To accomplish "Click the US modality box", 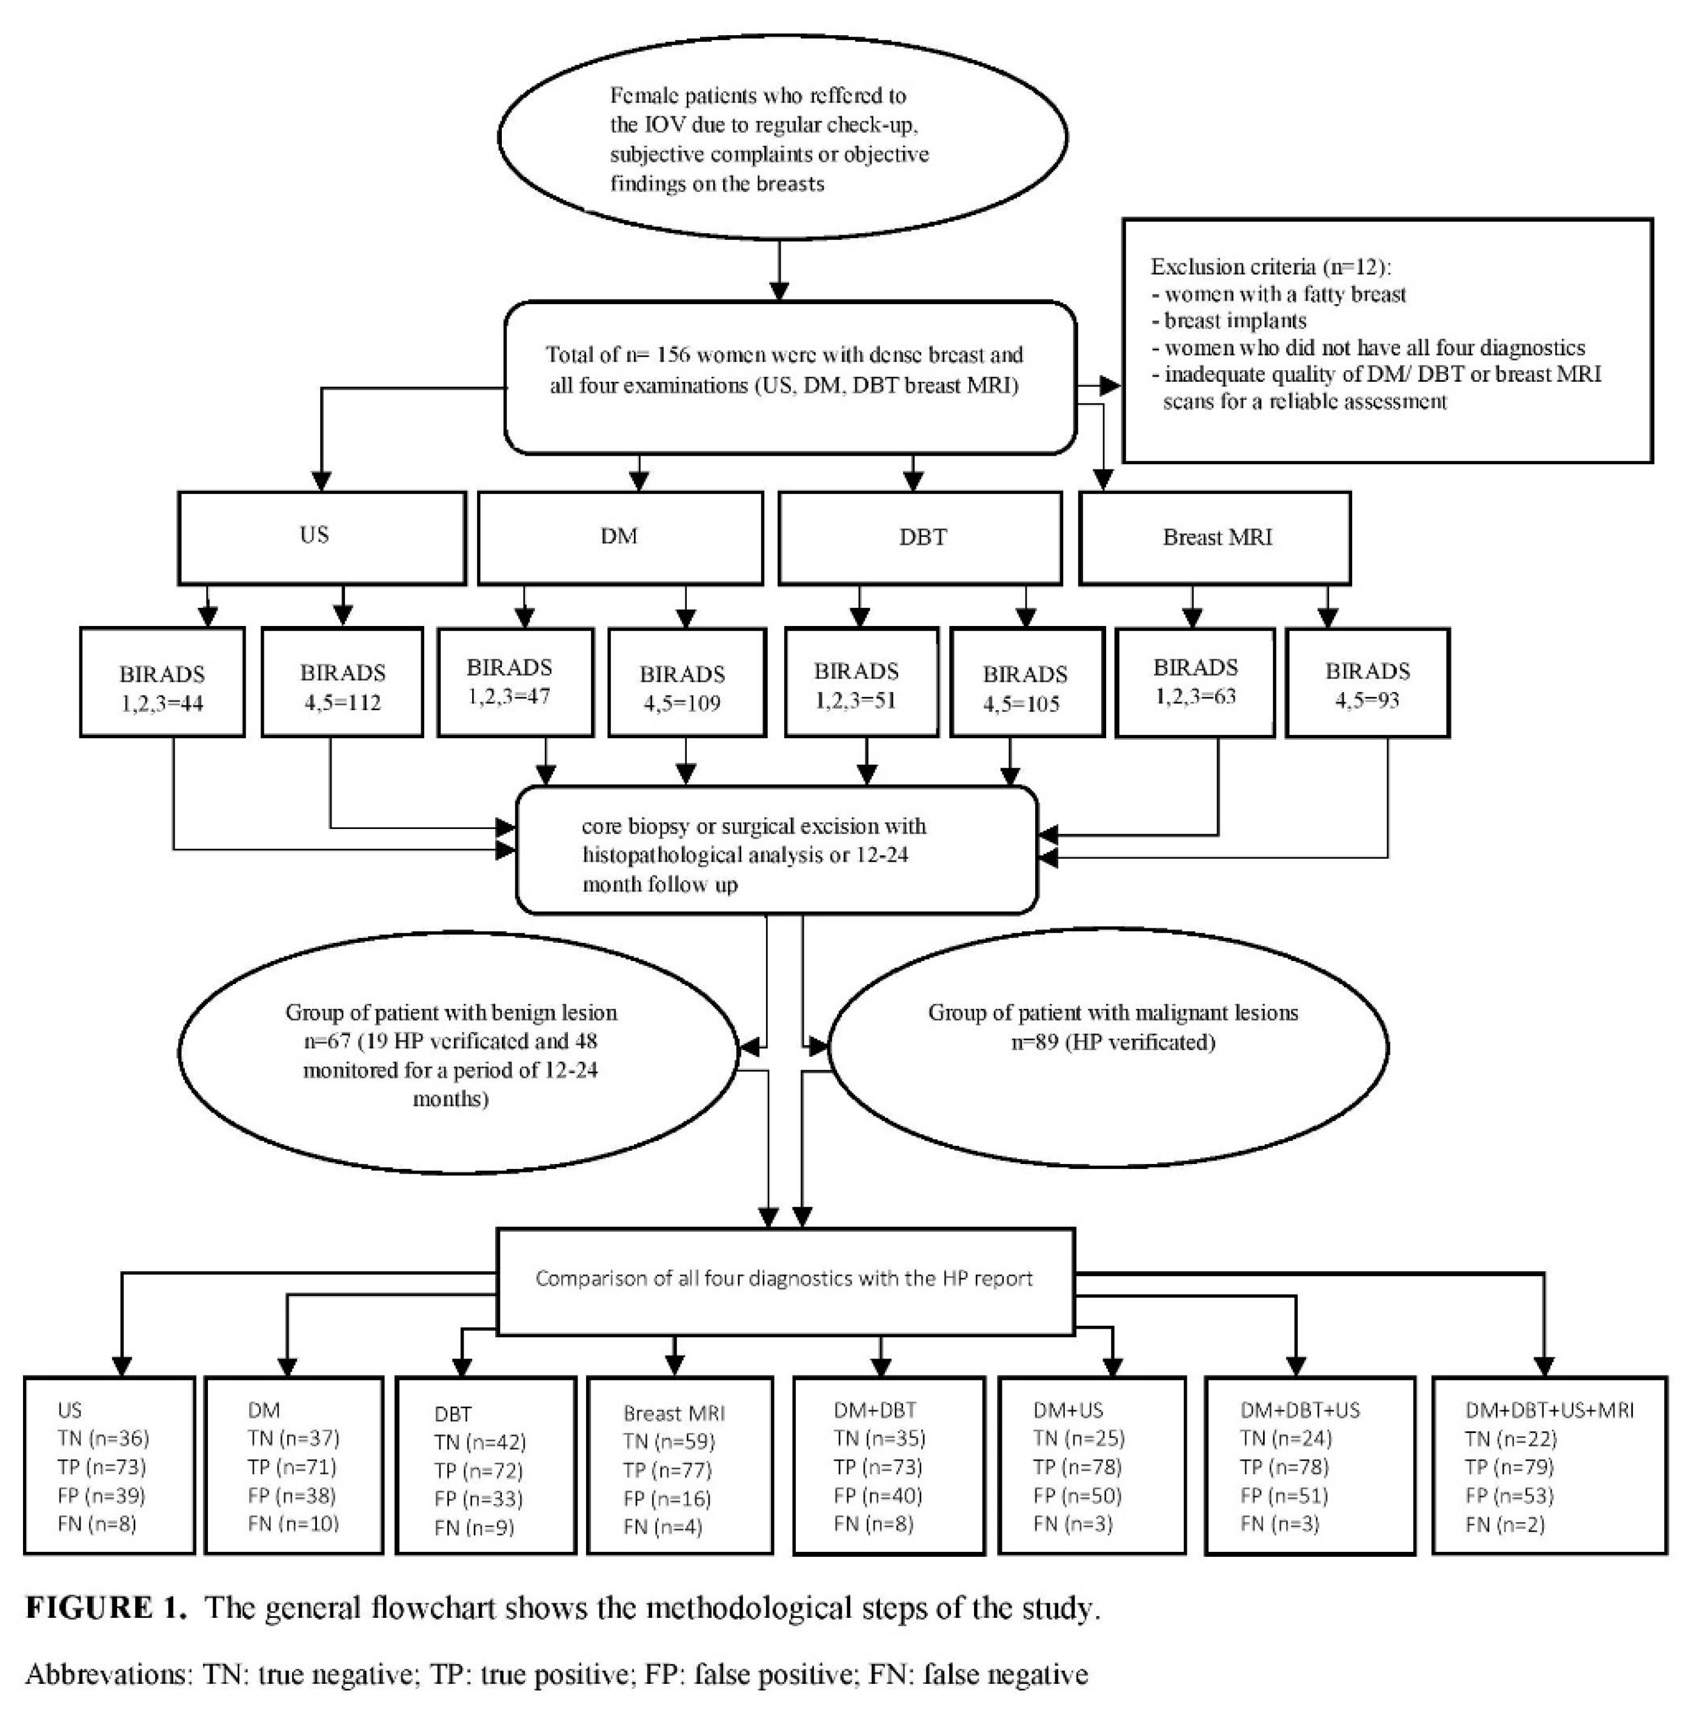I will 321,537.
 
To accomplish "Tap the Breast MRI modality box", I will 1215,537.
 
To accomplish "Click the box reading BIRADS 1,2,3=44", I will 162,682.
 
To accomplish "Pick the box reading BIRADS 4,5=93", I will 1366,682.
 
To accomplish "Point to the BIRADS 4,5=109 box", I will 686,682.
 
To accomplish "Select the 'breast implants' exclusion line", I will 1235,321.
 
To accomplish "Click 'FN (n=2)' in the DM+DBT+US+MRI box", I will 1504,1524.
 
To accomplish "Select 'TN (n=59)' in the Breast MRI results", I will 669,1442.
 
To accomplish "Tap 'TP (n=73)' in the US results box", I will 102,1468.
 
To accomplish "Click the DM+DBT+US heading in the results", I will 1299,1411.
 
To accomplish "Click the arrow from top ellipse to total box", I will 778,270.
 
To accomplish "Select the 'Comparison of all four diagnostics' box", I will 784,1279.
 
